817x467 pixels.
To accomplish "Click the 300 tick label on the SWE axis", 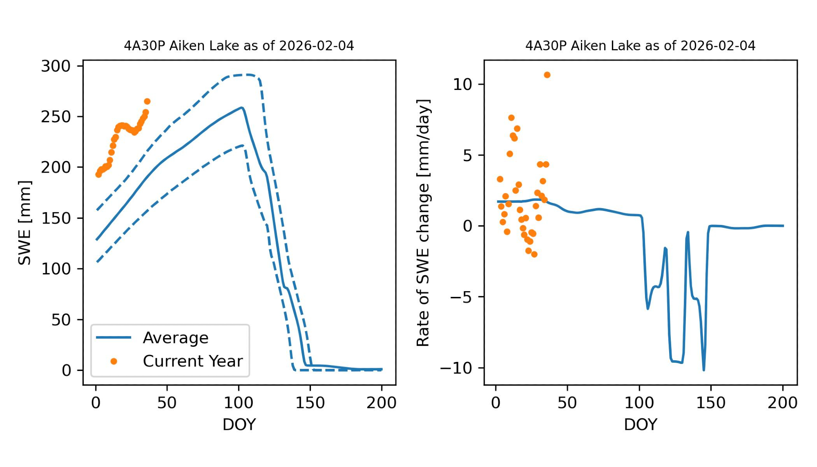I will click(56, 66).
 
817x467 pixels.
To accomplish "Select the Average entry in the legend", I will click(175, 338).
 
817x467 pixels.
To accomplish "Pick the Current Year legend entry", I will click(192, 361).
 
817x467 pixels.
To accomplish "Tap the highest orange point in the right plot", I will click(547, 75).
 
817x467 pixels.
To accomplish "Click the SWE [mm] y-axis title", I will click(25, 222).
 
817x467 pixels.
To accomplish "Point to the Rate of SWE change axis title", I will click(423, 222).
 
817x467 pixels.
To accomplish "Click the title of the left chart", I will click(239, 45).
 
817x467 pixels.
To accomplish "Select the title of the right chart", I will click(640, 45).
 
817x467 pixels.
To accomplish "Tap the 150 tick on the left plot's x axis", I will click(310, 403).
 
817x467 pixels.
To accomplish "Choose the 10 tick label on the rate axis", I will click(462, 84).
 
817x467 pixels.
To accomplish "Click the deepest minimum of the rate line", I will click(704, 370).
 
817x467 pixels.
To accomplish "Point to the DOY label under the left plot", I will click(239, 424).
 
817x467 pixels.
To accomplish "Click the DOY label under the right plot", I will click(640, 424).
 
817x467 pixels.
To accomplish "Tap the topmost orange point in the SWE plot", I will click(147, 101).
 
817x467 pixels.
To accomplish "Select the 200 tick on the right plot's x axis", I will click(782, 403).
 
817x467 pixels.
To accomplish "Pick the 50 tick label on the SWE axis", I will click(61, 320).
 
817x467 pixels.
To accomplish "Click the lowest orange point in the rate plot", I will click(534, 254).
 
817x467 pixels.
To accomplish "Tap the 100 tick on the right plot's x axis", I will click(639, 403).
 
